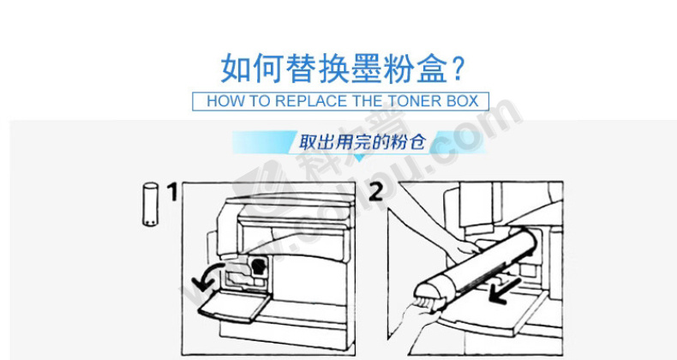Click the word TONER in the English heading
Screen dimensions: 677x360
(411, 101)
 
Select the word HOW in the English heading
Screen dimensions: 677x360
(223, 101)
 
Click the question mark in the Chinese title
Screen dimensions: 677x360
(458, 69)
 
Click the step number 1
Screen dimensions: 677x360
(172, 192)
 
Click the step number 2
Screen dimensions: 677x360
(375, 191)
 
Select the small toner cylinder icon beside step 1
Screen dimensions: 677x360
(150, 204)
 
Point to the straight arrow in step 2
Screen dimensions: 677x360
(505, 291)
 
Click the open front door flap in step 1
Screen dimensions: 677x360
(234, 306)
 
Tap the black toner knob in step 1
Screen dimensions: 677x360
(258, 266)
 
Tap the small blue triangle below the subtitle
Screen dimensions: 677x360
(359, 158)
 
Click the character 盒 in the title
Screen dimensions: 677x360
(431, 69)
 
